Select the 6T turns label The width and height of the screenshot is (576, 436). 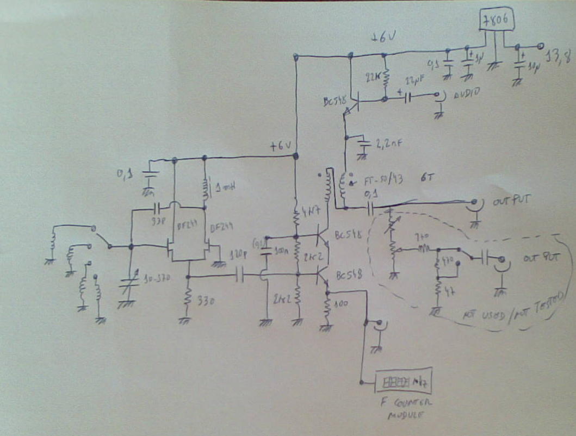click(x=425, y=177)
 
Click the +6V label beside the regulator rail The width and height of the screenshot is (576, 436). click(x=383, y=38)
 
